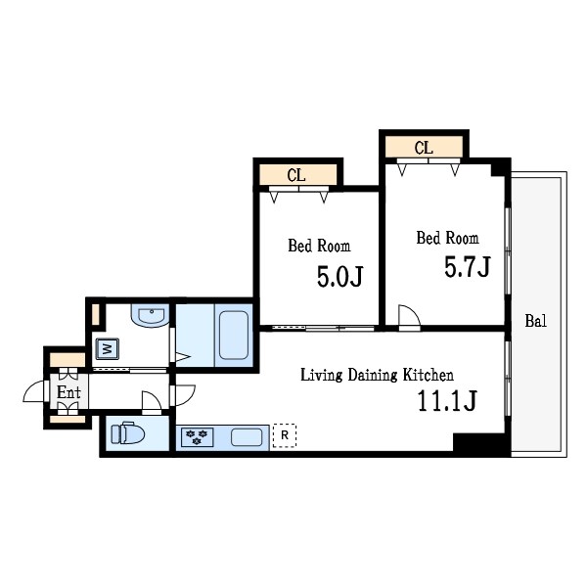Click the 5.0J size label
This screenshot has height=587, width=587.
[x=339, y=276]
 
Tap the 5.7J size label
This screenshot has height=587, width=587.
[x=468, y=266]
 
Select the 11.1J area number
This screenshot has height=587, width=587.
[x=447, y=400]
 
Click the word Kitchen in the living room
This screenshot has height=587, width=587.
[x=429, y=375]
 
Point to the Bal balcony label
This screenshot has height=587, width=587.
[x=536, y=321]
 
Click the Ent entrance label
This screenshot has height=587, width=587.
[x=68, y=392]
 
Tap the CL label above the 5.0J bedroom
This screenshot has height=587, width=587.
[x=296, y=175]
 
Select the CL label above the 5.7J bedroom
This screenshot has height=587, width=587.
[x=424, y=148]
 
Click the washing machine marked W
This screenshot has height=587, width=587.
[x=108, y=349]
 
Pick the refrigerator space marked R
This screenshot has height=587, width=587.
[x=285, y=435]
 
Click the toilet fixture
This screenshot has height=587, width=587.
[x=127, y=433]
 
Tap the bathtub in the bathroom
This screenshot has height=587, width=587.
[x=234, y=336]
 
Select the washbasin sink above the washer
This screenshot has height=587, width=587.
[x=151, y=315]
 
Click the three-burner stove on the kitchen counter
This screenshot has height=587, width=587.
[x=198, y=437]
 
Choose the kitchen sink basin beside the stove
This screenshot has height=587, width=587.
[x=247, y=437]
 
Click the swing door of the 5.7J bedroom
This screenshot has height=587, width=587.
[x=409, y=317]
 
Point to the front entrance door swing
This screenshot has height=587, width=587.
[x=34, y=391]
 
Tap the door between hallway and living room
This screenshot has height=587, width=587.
[x=183, y=395]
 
